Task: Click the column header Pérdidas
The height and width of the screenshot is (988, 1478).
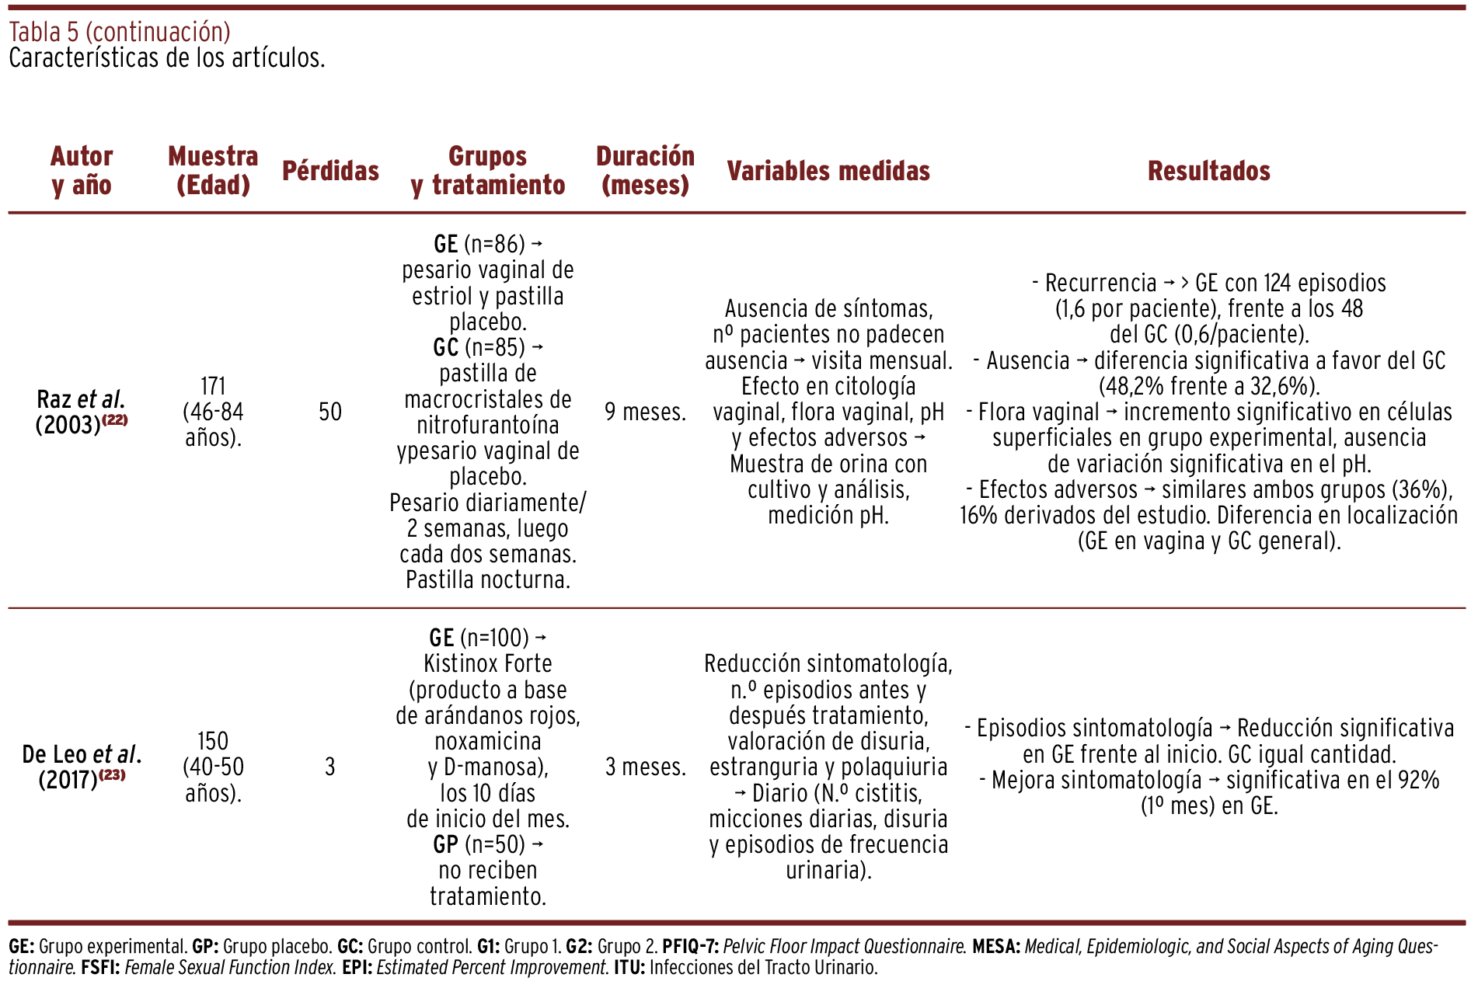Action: [x=330, y=171]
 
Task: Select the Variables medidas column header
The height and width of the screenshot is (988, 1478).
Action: [x=828, y=171]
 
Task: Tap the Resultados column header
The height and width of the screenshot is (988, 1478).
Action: [x=1208, y=171]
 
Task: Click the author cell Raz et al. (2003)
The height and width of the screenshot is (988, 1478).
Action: [x=81, y=412]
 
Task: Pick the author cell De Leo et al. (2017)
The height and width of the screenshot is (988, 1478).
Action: [x=81, y=766]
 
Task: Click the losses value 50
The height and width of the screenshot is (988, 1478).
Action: [x=330, y=412]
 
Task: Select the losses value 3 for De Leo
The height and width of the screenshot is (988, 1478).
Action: [x=330, y=767]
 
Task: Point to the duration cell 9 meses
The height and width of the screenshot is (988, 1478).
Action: [x=645, y=412]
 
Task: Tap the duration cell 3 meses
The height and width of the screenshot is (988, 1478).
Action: [x=645, y=767]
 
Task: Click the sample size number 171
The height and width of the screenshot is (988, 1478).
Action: [x=213, y=386]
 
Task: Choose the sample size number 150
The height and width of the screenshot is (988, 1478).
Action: [x=213, y=740]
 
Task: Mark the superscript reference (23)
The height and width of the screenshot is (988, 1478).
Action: [x=112, y=774]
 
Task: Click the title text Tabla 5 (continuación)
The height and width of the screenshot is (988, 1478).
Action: [x=120, y=32]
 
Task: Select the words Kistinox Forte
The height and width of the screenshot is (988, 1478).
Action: [x=488, y=663]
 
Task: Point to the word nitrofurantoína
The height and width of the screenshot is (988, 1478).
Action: [x=488, y=425]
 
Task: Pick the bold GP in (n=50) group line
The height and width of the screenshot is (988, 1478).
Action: [x=445, y=844]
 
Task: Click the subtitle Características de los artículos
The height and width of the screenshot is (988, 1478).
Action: [x=167, y=58]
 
